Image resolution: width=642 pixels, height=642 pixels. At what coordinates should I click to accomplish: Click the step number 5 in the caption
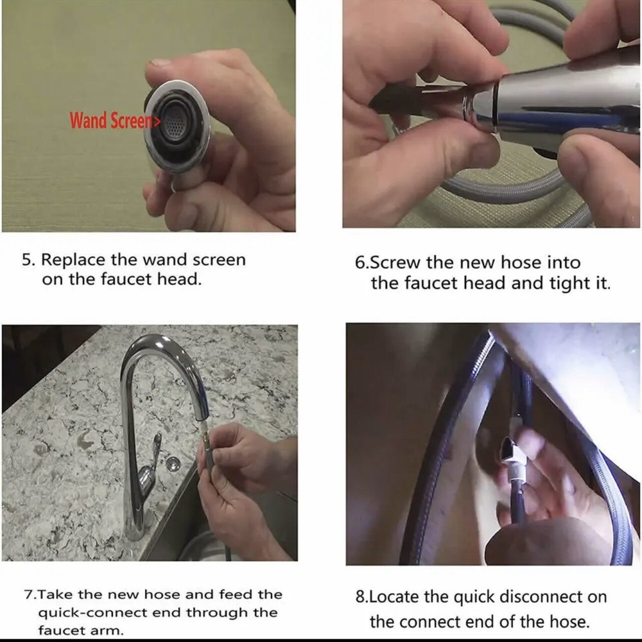click(x=26, y=260)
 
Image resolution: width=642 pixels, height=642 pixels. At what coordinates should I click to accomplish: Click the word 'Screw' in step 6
click(x=395, y=263)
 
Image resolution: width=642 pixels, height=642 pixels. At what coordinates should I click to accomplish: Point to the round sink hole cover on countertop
click(x=173, y=463)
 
